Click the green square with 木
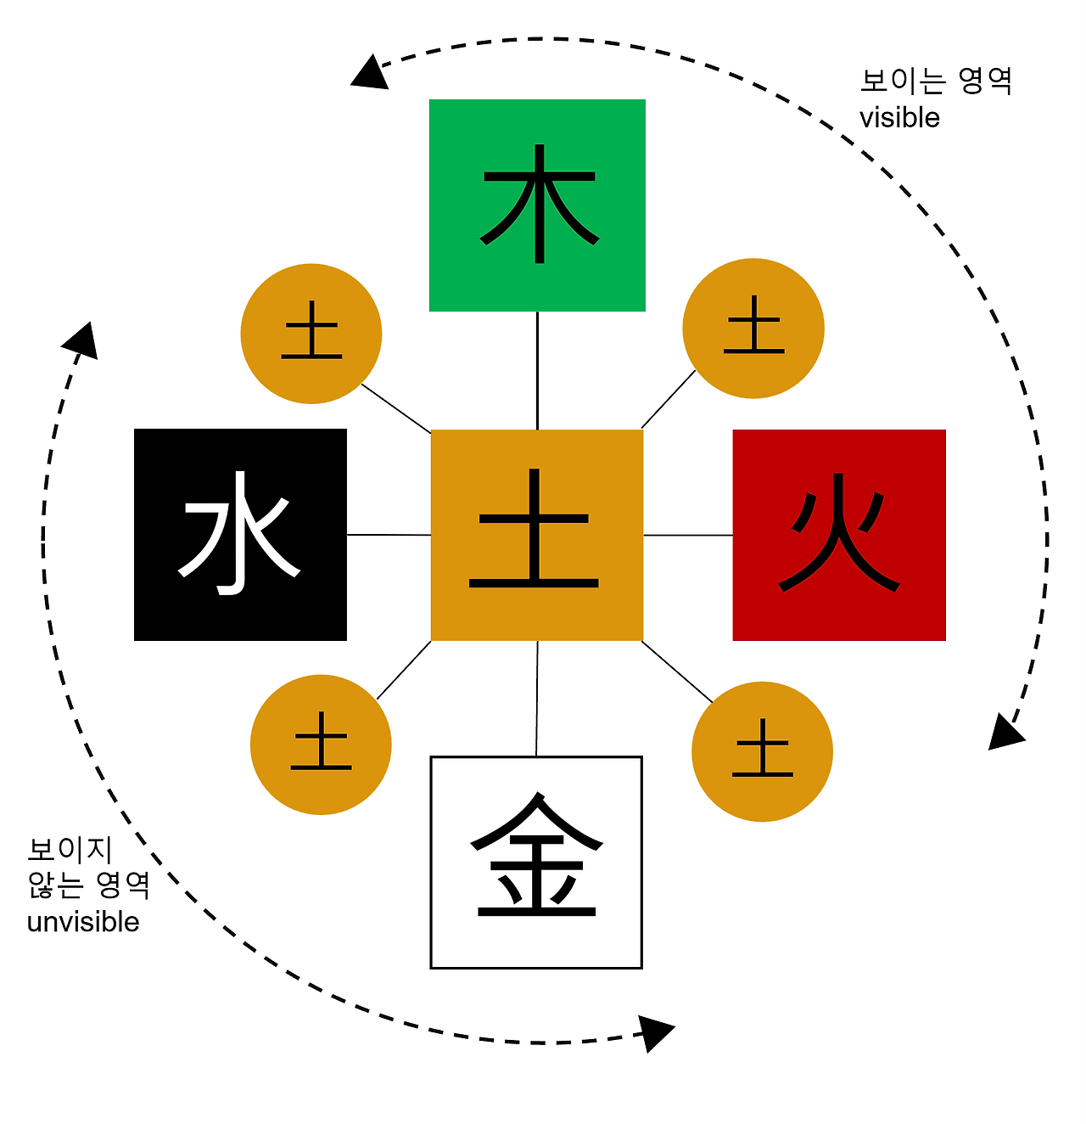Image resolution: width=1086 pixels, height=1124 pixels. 537,205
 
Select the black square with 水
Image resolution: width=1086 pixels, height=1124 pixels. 240,535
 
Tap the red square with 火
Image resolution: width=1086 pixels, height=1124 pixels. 839,535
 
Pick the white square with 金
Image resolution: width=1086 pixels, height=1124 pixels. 536,862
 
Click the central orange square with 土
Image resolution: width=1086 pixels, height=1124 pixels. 537,535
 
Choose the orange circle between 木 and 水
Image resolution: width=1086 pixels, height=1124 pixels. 311,334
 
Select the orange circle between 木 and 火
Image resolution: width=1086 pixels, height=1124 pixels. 753,329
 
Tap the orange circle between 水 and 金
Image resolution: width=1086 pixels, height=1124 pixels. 321,745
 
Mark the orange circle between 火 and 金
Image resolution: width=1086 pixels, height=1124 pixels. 762,751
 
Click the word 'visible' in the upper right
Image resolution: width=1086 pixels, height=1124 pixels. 899,118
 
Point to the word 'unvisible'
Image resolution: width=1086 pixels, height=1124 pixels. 83,922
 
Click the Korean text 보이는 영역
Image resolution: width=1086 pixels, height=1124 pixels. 936,81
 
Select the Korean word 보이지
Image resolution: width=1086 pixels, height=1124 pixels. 70,849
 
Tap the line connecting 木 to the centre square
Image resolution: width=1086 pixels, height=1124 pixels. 537,370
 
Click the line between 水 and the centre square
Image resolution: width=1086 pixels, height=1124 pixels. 389,535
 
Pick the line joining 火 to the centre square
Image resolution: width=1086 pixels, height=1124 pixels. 688,535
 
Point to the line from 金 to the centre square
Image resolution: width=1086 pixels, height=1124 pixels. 537,698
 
